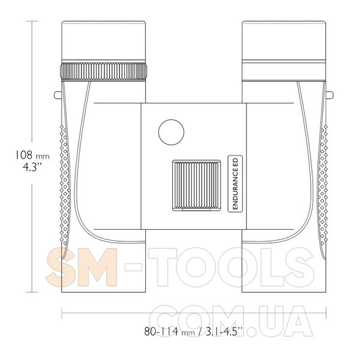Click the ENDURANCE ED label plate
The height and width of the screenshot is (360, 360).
pos(235,184)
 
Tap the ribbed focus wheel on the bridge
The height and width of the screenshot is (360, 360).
pos(197,185)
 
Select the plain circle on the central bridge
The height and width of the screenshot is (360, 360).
pos(171,132)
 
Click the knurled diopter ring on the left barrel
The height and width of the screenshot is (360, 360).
pos(104,71)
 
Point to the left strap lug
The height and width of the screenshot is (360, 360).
pos(58,95)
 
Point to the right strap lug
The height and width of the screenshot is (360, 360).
pos(329,95)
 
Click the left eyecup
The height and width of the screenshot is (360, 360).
pos(104,41)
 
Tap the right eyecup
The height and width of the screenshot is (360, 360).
pos(284,41)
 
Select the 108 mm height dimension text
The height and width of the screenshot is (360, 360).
pos(32,155)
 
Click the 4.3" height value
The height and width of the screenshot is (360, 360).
pos(32,167)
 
